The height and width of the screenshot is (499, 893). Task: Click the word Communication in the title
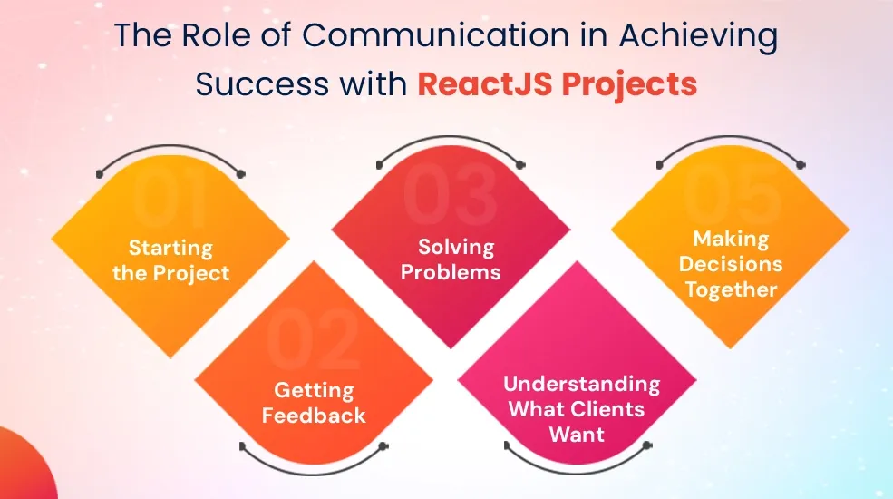point(435,35)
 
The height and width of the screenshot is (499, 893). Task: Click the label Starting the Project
point(170,261)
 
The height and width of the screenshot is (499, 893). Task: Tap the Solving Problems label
point(451,259)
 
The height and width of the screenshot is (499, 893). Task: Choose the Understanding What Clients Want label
point(581,409)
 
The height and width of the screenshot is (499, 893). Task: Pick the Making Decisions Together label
point(731,264)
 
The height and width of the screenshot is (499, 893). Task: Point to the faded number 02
point(313,340)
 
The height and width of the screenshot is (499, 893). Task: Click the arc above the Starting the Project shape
point(170,146)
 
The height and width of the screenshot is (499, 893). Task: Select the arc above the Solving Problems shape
point(450,137)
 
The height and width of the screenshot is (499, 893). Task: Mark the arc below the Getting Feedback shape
point(314,474)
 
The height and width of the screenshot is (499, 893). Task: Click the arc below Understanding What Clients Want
point(578,472)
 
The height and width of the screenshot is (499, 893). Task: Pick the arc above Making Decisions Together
point(731,137)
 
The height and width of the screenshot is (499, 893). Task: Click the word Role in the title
point(216,35)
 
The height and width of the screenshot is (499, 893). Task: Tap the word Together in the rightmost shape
point(732,289)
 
